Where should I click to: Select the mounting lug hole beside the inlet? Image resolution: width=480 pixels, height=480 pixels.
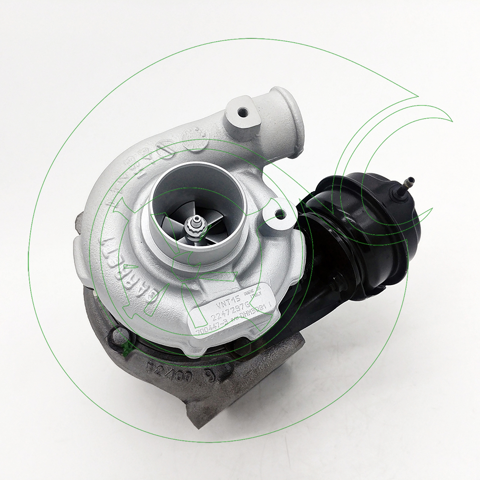280,214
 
